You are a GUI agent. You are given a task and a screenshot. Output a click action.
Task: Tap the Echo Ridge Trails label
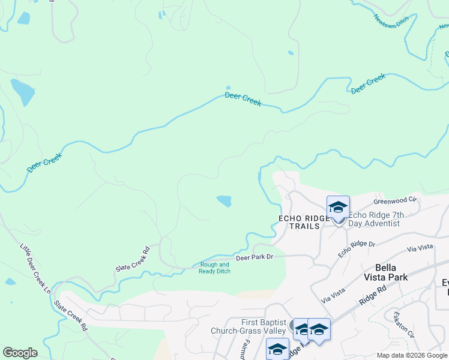304,222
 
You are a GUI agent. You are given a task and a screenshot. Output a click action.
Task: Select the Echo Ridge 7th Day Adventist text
374,219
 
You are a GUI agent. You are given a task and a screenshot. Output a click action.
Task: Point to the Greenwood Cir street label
395,199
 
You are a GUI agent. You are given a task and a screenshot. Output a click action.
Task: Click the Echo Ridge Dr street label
356,249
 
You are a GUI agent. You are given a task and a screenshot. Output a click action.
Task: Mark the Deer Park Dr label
255,257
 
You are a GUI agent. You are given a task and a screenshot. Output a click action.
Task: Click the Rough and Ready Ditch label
214,268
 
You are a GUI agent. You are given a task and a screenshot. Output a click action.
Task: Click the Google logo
20,352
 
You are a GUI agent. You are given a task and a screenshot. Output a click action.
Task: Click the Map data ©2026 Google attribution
412,355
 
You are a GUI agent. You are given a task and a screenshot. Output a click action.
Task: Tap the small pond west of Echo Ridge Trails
224,200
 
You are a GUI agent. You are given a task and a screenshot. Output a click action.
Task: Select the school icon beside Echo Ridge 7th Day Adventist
338,208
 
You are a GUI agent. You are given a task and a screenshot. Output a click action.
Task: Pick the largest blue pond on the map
22,91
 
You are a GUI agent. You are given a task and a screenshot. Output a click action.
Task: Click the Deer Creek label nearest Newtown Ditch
367,83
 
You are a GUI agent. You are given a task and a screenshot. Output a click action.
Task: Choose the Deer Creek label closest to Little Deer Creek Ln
44,162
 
